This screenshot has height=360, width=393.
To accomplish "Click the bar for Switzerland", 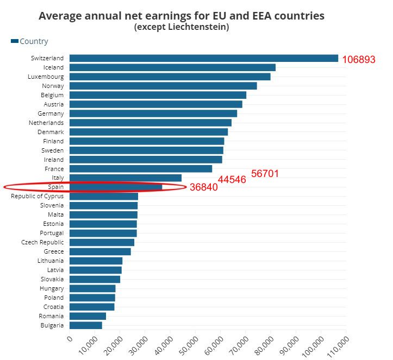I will coord(203,58).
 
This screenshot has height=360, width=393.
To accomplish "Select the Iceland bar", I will coord(172,67).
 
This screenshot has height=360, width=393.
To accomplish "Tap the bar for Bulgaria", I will coord(86,325).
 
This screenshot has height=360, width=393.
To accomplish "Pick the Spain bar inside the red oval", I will coord(116,187).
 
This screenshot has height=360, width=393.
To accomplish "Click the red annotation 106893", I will coord(359,60).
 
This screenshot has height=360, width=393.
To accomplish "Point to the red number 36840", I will coord(203,187).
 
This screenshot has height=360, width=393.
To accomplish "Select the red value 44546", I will coord(232,180).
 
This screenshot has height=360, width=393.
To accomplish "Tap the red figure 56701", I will coord(265,174).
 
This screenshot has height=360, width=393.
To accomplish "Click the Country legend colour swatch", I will coord(15,41).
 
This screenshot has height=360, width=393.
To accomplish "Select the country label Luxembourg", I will coord(46,77).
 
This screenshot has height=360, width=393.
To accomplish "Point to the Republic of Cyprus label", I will coord(37,196).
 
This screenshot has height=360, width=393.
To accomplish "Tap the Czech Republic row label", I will coord(42,242).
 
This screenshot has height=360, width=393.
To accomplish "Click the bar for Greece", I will coord(100,251).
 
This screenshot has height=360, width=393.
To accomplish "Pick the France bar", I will coord(141,169).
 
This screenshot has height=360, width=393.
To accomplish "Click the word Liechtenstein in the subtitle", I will coord(196,27).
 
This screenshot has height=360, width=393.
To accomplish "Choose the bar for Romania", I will coord(88,316).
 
